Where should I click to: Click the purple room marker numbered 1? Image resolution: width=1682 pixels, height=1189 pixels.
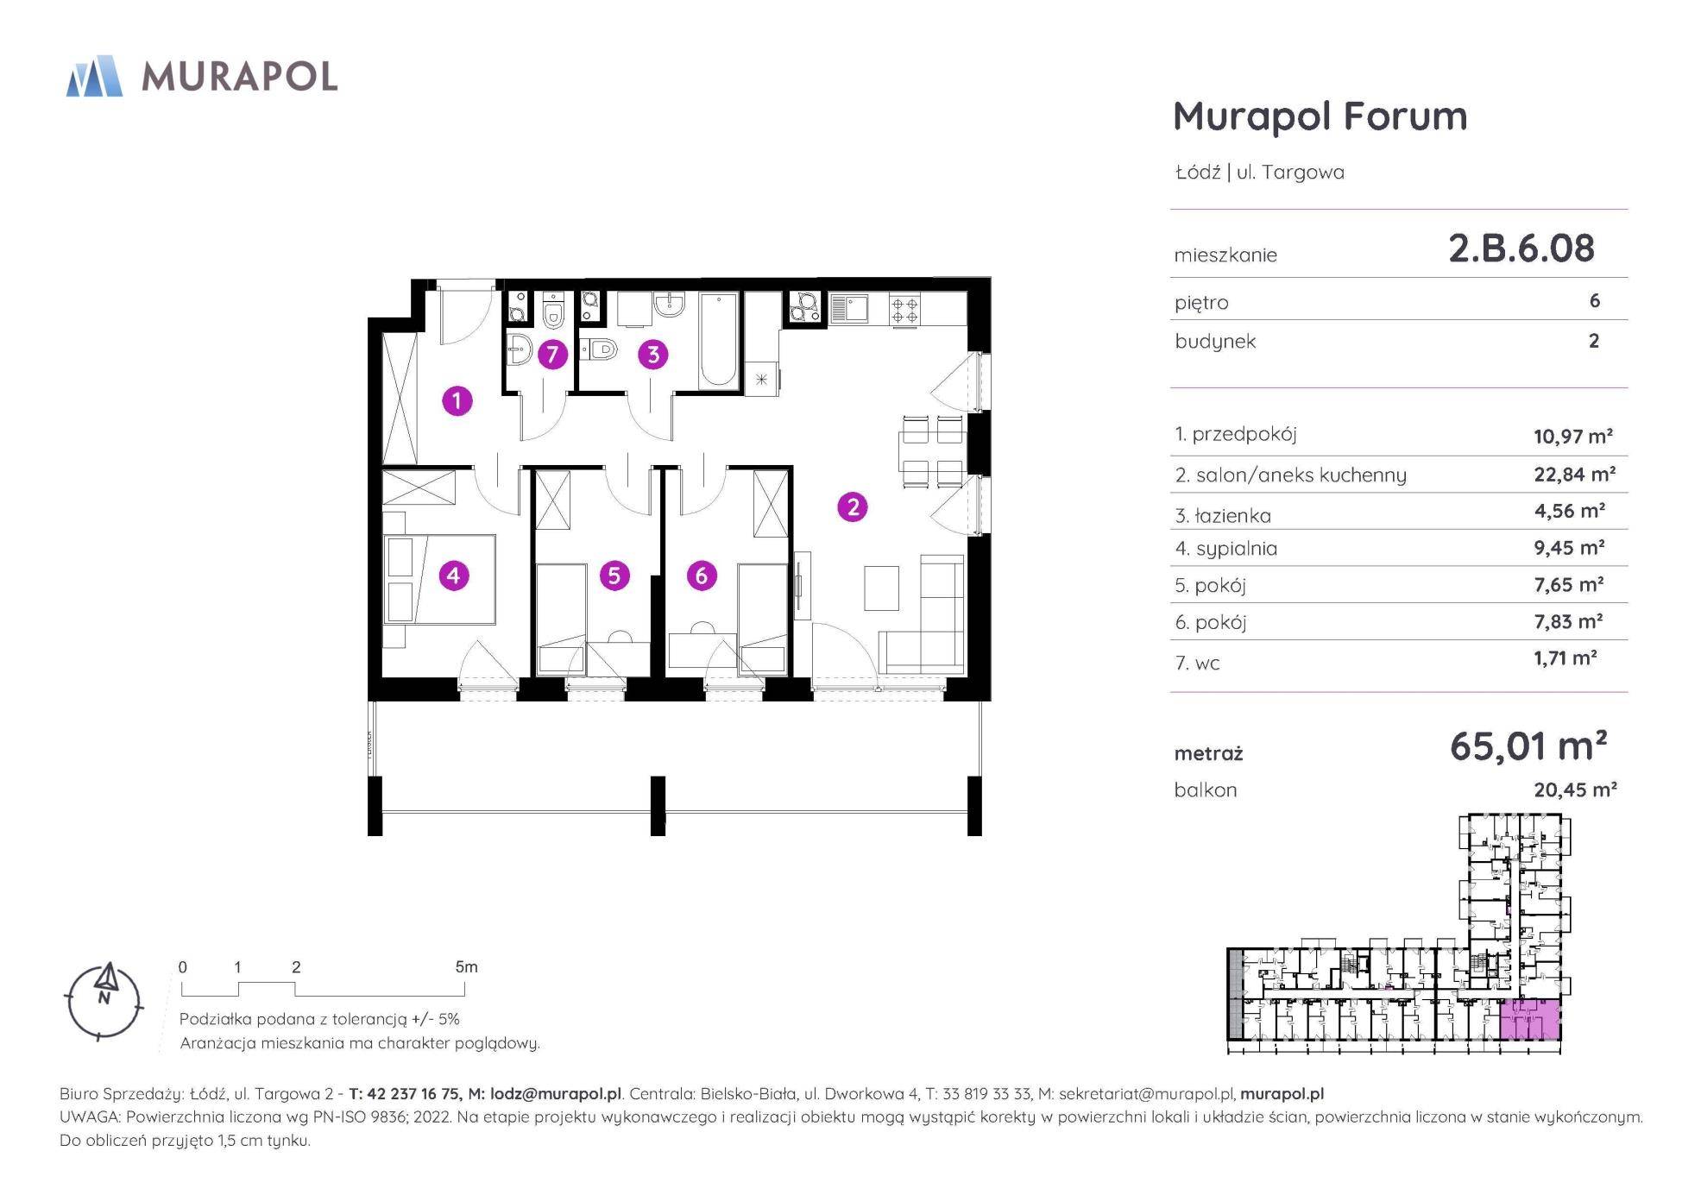pyautogui.click(x=457, y=400)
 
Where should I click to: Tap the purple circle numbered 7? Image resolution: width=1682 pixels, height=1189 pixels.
pyautogui.click(x=551, y=354)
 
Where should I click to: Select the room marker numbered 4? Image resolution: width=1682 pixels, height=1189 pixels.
pyautogui.click(x=454, y=576)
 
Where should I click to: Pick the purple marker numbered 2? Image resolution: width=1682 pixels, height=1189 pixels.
pyautogui.click(x=853, y=506)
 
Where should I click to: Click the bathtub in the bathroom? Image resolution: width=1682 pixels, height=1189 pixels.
pyautogui.click(x=719, y=340)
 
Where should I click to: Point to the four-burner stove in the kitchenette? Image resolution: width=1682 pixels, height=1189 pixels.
pyautogui.click(x=904, y=309)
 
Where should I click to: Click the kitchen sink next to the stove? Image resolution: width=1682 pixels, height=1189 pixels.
pyautogui.click(x=849, y=309)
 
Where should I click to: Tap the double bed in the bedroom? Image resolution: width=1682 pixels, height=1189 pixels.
pyautogui.click(x=440, y=579)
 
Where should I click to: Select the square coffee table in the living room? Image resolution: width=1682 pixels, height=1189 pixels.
pyautogui.click(x=881, y=588)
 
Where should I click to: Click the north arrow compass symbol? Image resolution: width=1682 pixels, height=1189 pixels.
pyautogui.click(x=104, y=999)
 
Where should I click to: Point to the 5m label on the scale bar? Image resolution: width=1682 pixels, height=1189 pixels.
pyautogui.click(x=466, y=967)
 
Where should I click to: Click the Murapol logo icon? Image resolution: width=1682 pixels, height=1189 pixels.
pyautogui.click(x=94, y=76)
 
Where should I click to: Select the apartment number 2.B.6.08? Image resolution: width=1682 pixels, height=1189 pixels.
pyautogui.click(x=1521, y=248)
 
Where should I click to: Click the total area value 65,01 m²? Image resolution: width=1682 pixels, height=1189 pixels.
pyautogui.click(x=1528, y=746)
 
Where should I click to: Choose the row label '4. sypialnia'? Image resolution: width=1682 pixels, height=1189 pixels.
pyautogui.click(x=1225, y=549)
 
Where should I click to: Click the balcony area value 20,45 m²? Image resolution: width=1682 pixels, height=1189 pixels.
pyautogui.click(x=1575, y=790)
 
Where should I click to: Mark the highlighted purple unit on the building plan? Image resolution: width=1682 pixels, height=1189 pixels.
pyautogui.click(x=1530, y=1020)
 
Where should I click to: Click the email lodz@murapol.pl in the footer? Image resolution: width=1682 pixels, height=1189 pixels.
pyautogui.click(x=555, y=1094)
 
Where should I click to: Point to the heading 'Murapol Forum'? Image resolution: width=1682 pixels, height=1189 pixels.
pyautogui.click(x=1320, y=116)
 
